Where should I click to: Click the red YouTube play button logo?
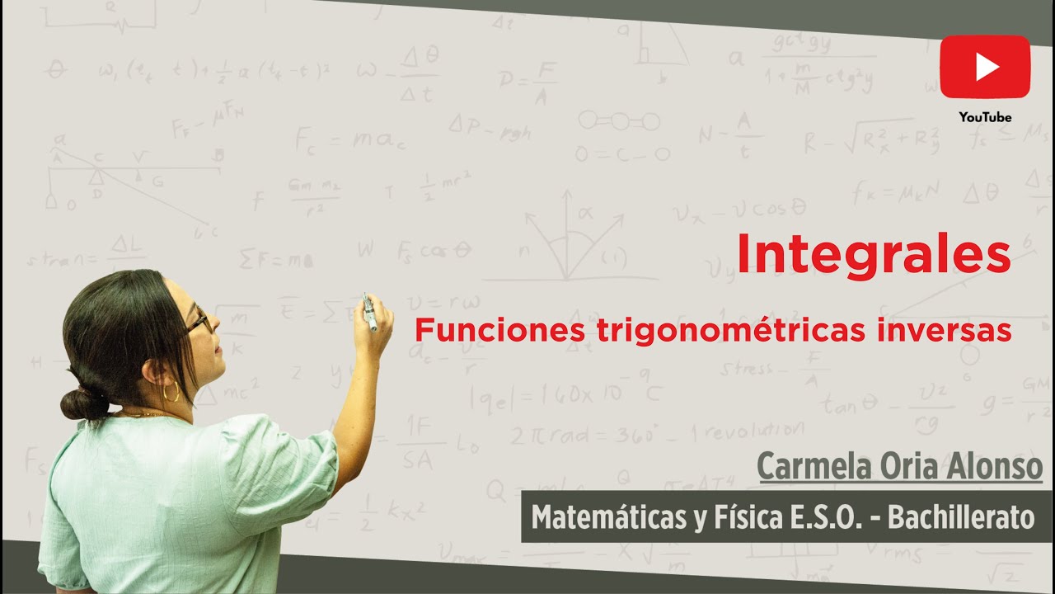pyautogui.click(x=985, y=66)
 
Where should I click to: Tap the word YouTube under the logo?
pyautogui.click(x=985, y=117)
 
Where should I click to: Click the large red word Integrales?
pyautogui.click(x=873, y=254)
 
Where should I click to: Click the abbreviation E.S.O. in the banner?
pyautogui.click(x=812, y=517)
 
